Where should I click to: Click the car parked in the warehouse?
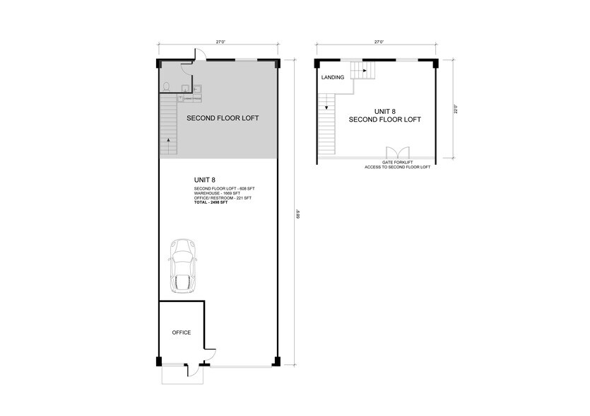pos(182,265)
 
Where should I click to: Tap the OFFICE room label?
pos(182,332)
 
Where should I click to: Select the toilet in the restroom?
pos(165,87)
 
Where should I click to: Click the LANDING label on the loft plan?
pos(332,77)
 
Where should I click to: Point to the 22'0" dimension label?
pos(456,110)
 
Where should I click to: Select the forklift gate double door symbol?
pos(396,153)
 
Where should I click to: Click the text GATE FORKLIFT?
pos(396,163)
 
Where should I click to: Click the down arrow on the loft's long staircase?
pos(326,108)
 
